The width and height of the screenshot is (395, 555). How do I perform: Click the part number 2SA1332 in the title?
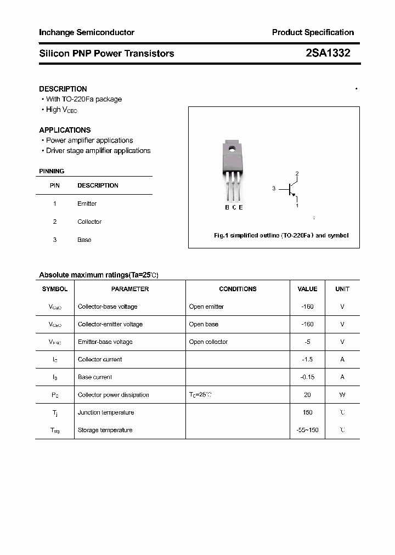click(328, 53)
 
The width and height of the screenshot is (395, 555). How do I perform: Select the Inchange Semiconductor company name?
click(87, 32)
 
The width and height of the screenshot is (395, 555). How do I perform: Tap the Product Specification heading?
click(313, 32)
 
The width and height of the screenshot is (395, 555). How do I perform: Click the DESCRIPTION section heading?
click(63, 89)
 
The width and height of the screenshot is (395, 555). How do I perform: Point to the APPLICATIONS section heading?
click(65, 130)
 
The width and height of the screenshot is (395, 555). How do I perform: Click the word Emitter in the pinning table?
click(87, 203)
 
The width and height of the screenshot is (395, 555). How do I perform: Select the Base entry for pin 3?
click(84, 240)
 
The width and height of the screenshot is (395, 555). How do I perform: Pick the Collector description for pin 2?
click(89, 222)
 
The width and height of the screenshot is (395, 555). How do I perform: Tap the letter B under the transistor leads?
click(227, 207)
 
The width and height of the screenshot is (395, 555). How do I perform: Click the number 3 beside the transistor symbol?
click(274, 189)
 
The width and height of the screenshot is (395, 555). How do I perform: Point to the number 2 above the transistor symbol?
click(297, 174)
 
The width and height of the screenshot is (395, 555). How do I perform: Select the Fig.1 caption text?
click(281, 235)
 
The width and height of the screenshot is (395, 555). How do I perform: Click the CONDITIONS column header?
click(238, 289)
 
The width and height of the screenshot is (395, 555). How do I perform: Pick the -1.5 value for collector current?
click(307, 359)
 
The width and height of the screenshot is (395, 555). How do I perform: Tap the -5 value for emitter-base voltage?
click(307, 342)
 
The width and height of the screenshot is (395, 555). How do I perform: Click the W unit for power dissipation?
click(342, 395)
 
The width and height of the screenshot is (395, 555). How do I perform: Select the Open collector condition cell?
click(208, 342)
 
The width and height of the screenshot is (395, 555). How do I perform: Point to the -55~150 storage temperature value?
click(307, 430)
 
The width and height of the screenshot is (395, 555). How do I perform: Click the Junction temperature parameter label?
click(106, 412)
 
